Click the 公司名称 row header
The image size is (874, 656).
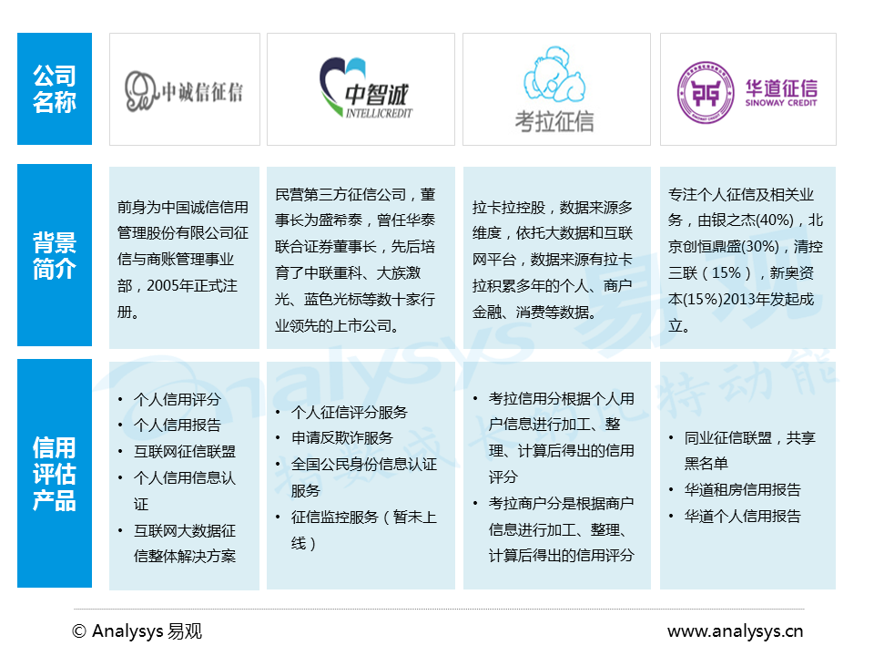coord(55,88)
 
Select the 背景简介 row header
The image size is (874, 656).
coord(55,255)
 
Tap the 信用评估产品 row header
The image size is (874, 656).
coord(55,473)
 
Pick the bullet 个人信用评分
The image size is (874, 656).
coord(177,399)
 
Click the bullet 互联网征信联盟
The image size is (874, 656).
coord(184,451)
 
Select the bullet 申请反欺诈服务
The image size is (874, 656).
coord(341,438)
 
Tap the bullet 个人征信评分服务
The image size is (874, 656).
coord(349,412)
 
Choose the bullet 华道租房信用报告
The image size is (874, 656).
coord(742,489)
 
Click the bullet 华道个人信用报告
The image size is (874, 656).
coord(742,516)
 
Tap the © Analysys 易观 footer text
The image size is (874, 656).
coord(137,630)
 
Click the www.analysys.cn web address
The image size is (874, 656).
coord(735,630)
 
